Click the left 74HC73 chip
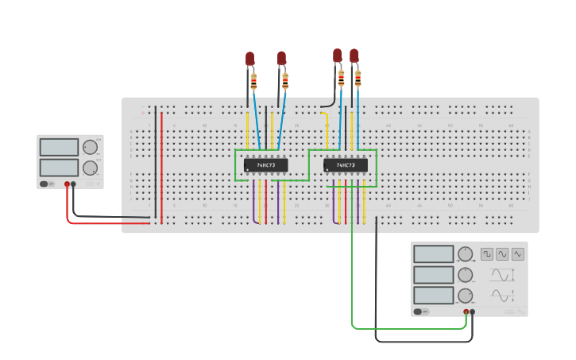point(265,165)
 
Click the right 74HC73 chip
point(346,165)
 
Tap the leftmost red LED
point(249,59)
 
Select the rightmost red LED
point(354,56)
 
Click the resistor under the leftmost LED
point(253,80)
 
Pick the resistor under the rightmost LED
point(358,78)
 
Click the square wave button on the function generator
point(486,254)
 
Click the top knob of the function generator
point(466,254)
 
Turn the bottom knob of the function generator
point(466,296)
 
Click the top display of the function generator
point(433,254)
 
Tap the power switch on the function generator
point(424,312)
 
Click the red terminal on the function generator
point(466,312)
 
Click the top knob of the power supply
point(90,147)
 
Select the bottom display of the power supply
point(59,167)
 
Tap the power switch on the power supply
point(48,184)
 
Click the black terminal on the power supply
point(73,184)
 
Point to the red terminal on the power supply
point(67,184)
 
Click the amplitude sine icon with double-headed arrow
point(501,275)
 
